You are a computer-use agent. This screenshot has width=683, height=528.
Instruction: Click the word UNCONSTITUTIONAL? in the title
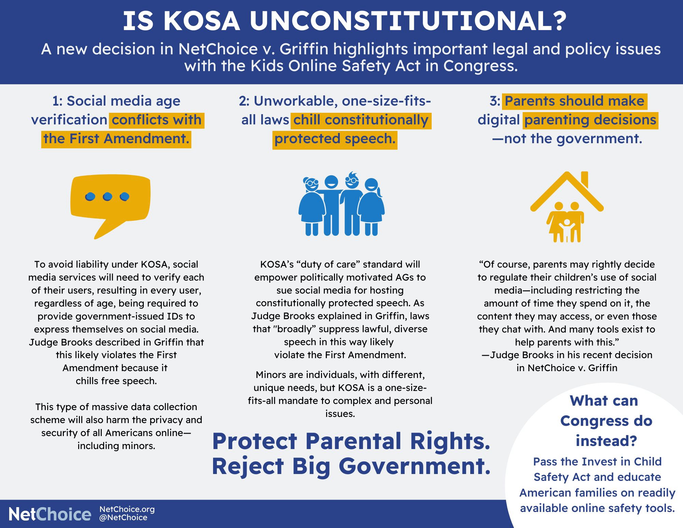[408, 21]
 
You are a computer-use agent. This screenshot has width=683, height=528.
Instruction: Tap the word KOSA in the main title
[202, 21]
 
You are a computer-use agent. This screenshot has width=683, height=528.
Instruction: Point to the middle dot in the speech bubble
[107, 197]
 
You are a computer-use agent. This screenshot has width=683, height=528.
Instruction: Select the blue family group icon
[341, 204]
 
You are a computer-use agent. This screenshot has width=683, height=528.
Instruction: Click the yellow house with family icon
[567, 207]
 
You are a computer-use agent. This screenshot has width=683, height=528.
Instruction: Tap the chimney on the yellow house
[584, 179]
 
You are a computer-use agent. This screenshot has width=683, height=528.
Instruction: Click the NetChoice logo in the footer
[50, 514]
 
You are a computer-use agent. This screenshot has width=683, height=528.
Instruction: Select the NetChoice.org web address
[127, 509]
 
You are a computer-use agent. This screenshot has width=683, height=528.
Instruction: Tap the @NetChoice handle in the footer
[123, 517]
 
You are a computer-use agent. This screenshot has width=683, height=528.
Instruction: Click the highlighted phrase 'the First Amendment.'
[116, 139]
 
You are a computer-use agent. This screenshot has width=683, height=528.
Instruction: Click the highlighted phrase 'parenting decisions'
[590, 120]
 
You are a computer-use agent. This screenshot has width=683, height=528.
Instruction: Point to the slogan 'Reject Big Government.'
[351, 466]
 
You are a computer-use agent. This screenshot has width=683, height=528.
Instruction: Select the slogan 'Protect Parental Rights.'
[351, 441]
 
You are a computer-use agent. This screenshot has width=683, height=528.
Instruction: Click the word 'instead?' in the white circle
[606, 441]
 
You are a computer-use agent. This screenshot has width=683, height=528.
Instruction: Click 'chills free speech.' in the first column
[116, 381]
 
